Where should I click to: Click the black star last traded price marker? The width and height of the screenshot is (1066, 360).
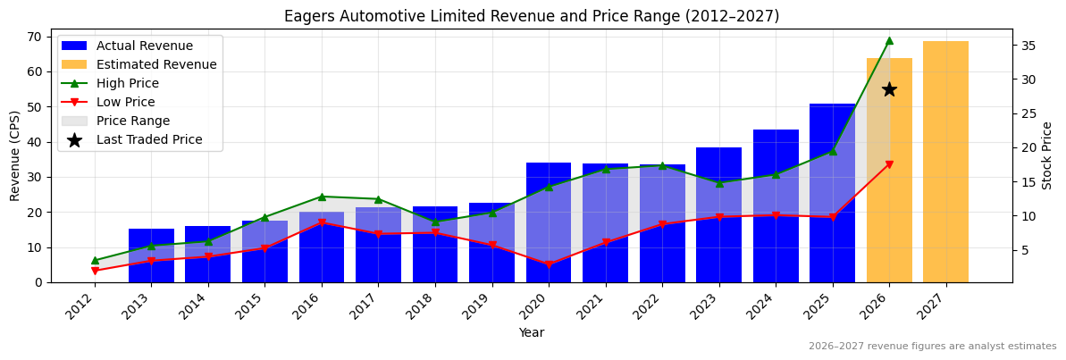(x=889, y=89)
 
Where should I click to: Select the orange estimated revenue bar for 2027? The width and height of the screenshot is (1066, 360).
(x=945, y=162)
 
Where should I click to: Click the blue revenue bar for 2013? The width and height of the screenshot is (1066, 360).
(x=151, y=255)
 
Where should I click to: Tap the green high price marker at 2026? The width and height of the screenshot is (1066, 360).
(x=889, y=40)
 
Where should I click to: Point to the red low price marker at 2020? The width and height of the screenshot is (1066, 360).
(x=549, y=264)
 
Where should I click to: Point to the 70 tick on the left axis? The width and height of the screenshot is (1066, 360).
(x=35, y=37)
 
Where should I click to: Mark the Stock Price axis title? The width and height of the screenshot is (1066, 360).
(x=1047, y=155)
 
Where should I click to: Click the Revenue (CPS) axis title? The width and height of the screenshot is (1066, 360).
(x=15, y=155)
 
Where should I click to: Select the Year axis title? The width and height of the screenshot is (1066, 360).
(x=532, y=333)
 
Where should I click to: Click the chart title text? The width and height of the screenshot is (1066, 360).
(x=532, y=16)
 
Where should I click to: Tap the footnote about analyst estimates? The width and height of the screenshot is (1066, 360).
(x=932, y=347)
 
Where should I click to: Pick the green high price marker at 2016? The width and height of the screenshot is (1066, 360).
(x=322, y=197)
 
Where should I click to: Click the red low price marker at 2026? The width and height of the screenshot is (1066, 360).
(x=889, y=164)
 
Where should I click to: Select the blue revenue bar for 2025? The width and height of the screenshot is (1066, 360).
(x=832, y=193)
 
